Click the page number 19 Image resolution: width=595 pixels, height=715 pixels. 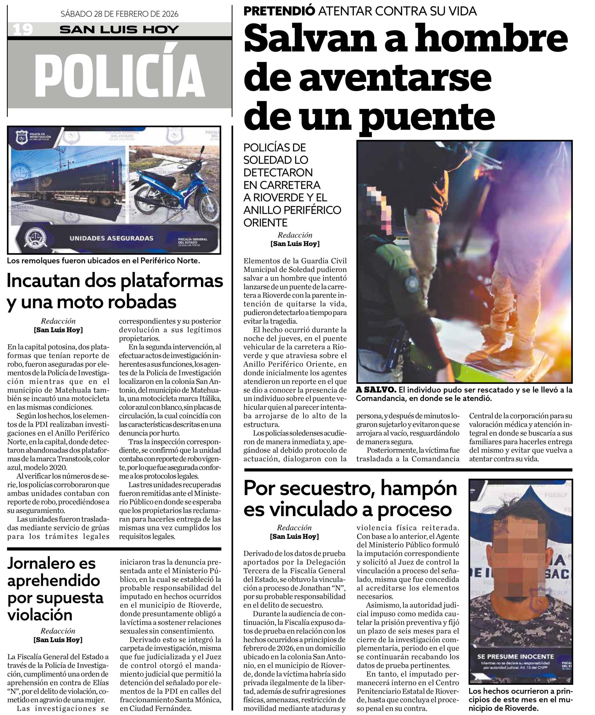tap(23, 30)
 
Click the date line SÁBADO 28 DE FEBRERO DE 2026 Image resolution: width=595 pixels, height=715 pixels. tap(119, 14)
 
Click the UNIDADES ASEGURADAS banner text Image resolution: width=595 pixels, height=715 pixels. tap(111, 238)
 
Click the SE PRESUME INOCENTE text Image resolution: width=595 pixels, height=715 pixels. tap(515, 656)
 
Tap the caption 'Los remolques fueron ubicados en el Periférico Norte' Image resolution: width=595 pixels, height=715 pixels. tap(103, 261)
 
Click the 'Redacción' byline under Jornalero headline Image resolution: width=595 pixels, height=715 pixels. tap(58, 631)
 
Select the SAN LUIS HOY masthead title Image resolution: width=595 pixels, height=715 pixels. tap(119, 30)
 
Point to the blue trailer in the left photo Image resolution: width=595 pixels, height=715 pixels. tap(68, 187)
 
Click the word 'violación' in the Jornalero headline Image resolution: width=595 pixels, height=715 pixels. tap(40, 614)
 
